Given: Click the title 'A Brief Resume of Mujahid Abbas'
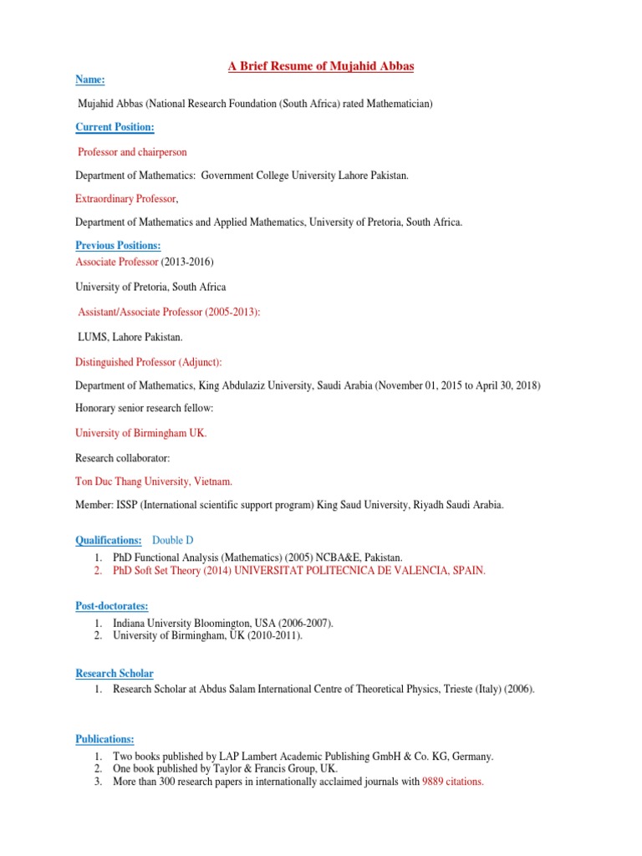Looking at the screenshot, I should click(322, 66).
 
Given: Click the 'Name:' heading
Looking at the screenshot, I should click(90, 79).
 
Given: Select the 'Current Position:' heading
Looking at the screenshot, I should click(115, 127).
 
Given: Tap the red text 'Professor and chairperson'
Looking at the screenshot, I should click(132, 152).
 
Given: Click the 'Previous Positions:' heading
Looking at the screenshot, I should click(118, 246).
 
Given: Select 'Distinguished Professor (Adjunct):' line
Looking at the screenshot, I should click(149, 361).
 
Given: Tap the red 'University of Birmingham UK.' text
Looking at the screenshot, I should click(140, 433).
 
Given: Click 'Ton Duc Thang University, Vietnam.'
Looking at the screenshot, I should click(154, 481).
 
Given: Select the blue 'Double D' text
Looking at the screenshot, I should click(173, 541).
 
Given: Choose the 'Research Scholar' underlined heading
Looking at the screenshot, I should click(115, 673).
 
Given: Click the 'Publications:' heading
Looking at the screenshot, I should click(104, 739).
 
